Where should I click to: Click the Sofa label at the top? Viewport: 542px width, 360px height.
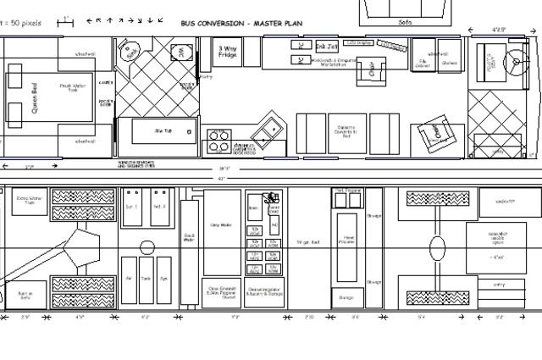coord(404,21)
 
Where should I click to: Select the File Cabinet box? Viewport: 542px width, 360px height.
coord(423,61)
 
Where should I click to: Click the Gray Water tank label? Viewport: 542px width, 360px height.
coord(221,225)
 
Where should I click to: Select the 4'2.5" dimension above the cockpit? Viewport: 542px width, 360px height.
coord(500,30)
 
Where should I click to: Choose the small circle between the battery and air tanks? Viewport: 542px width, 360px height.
coord(147,249)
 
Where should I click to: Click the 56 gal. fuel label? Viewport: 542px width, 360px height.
coord(308,242)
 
